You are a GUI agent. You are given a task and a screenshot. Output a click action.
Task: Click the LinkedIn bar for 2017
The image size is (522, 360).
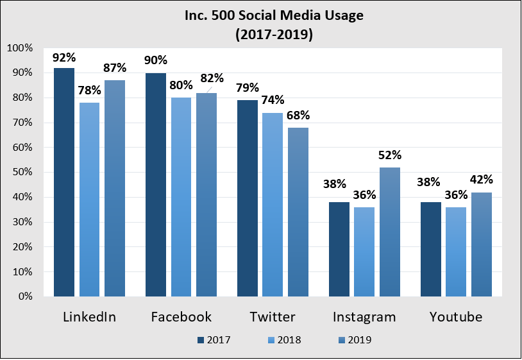[64, 182]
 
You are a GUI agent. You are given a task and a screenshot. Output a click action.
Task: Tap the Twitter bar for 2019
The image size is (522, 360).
[298, 212]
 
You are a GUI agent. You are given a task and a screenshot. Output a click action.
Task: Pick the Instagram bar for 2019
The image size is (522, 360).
[390, 232]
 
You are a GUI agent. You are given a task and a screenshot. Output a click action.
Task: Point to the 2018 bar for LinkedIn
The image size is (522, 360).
[89, 200]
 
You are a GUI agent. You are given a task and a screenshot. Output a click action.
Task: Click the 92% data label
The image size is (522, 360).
[64, 58]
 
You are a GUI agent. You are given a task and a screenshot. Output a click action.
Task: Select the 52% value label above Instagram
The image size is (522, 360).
[390, 155]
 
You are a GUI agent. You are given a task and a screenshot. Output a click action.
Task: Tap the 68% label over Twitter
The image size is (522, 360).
[298, 116]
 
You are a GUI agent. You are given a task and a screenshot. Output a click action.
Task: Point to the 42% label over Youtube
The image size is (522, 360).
[481, 180]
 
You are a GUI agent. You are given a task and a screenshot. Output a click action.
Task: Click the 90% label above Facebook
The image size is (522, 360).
[156, 60]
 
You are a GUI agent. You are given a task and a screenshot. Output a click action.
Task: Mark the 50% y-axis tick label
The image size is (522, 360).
[22, 173]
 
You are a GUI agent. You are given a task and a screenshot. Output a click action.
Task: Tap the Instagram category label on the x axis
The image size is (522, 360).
[364, 317]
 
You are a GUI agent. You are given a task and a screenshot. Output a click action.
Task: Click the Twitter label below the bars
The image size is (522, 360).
[273, 317]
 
